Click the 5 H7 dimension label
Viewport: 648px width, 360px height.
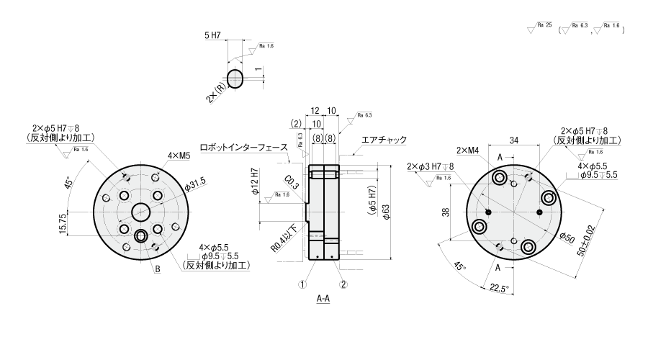pos(212,35)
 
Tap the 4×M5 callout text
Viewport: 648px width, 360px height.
pos(159,155)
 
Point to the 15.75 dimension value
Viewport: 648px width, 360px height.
pos(63,222)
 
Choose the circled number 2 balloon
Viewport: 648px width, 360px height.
pos(343,284)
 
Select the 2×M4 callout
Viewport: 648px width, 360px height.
pos(467,150)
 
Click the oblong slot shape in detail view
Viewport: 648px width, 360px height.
pos(236,77)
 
